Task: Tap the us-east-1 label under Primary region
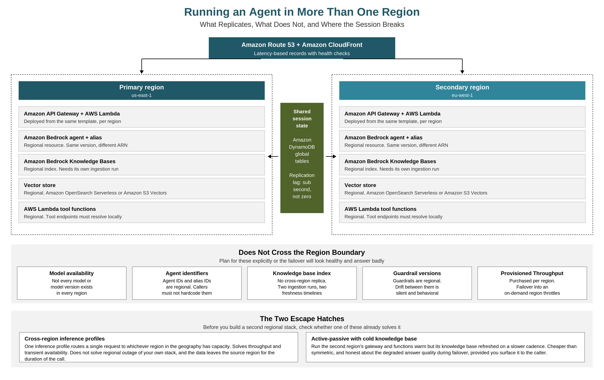coord(142,95)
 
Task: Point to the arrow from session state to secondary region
coord(331,156)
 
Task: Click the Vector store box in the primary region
coord(142,189)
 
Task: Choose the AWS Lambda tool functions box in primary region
coord(142,212)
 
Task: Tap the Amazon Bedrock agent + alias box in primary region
coord(142,141)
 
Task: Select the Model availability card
coord(72,283)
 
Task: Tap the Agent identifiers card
coord(187,283)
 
